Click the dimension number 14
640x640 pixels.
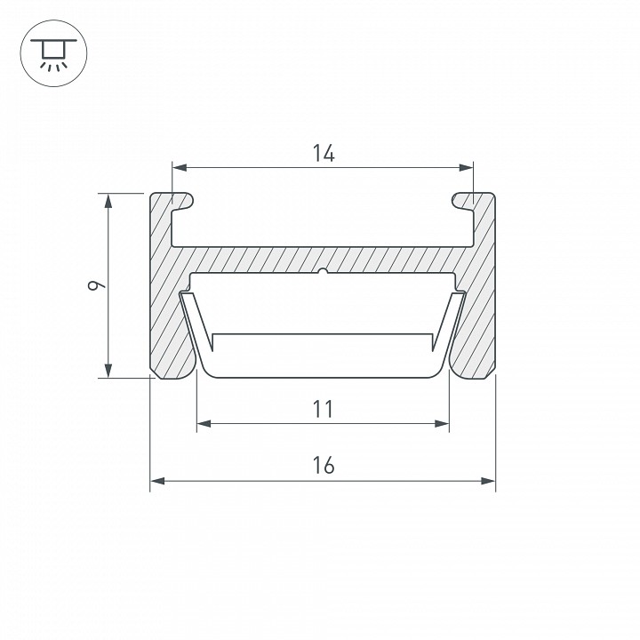324,153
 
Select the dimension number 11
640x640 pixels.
323,409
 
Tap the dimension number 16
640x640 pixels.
324,465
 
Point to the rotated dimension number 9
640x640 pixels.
97,285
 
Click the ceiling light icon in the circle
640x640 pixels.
53,53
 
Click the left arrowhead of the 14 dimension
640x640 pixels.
180,167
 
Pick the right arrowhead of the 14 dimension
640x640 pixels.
466,167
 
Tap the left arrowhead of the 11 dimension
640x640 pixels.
204,424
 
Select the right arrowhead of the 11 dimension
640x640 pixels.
442,424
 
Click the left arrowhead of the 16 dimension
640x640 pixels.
157,481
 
